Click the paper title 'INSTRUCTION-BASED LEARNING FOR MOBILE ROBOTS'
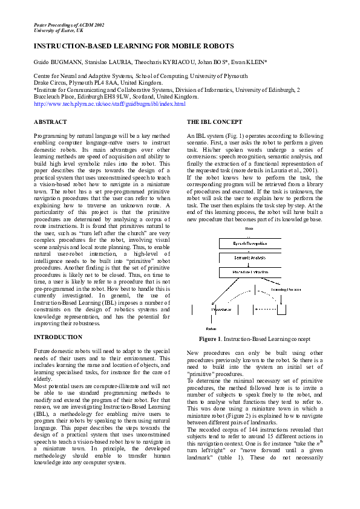click(x=133, y=46)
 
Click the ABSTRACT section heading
click(x=50, y=122)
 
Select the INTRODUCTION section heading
click(x=58, y=337)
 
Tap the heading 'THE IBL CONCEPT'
click(x=215, y=122)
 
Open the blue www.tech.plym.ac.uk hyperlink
click(x=110, y=104)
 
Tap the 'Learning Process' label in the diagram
click(x=286, y=290)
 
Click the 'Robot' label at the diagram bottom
click(x=211, y=327)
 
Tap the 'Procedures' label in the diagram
click(x=221, y=309)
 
